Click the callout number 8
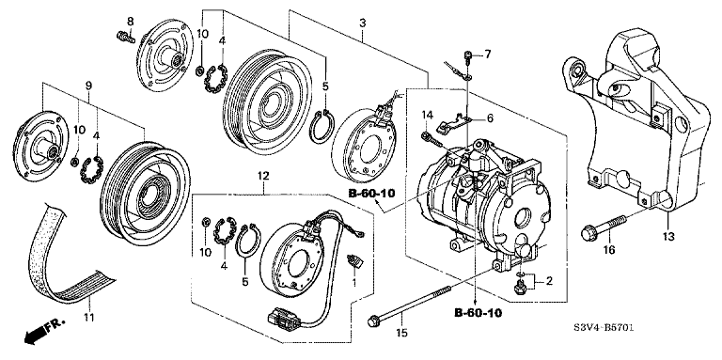click(131, 21)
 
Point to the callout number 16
click(608, 250)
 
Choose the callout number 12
click(263, 176)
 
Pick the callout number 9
click(88, 86)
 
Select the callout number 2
click(550, 280)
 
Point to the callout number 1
click(353, 283)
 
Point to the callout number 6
click(489, 118)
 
